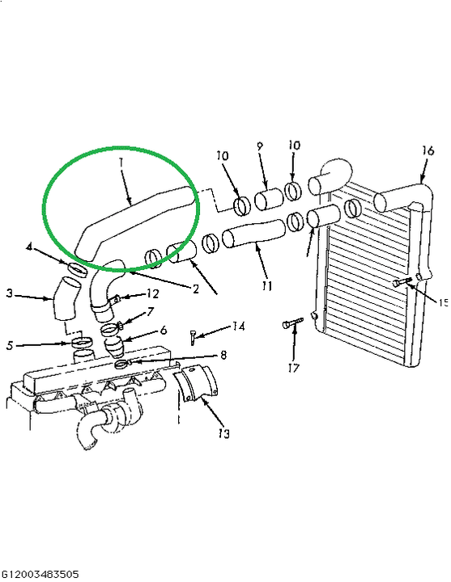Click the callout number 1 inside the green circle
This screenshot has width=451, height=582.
pyautogui.click(x=121, y=162)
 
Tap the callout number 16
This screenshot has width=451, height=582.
pyautogui.click(x=428, y=150)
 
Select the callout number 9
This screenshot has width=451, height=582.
pyautogui.click(x=260, y=145)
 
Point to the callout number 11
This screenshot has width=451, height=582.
pyautogui.click(x=266, y=286)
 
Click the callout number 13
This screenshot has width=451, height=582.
pyautogui.click(x=223, y=433)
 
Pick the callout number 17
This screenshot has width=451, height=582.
pyautogui.click(x=293, y=368)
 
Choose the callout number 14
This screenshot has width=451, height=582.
pyautogui.click(x=238, y=327)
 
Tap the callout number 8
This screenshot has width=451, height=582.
pyautogui.click(x=223, y=355)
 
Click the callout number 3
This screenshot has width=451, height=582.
pyautogui.click(x=10, y=293)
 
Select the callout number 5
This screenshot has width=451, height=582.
pyautogui.click(x=10, y=346)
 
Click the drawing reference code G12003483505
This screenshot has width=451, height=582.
pyautogui.click(x=40, y=574)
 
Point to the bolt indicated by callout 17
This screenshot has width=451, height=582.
pyautogui.click(x=293, y=323)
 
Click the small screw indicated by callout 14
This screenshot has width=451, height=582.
pyautogui.click(x=193, y=337)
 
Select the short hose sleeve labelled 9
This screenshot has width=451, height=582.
pyautogui.click(x=269, y=200)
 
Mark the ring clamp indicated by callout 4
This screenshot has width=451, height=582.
pyautogui.click(x=78, y=269)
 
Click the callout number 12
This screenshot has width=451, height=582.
pyautogui.click(x=152, y=293)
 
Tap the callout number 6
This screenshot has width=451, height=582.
pyautogui.click(x=164, y=330)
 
